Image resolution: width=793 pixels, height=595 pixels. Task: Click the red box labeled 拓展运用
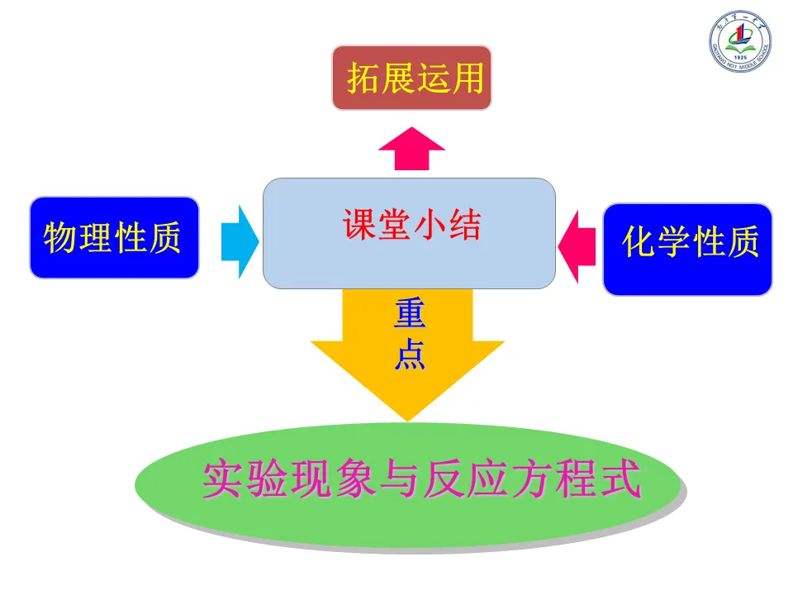point(411,79)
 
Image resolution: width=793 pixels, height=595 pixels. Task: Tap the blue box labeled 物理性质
point(114,237)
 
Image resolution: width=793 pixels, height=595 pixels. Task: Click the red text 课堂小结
point(411,224)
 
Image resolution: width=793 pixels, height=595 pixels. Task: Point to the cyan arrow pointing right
point(240,242)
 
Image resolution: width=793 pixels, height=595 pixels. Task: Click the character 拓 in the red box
point(363,79)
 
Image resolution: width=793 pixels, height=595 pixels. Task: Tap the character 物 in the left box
point(61,238)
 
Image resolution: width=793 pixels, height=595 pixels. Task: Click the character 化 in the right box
point(639,243)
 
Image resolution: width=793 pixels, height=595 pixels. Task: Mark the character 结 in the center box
point(464,225)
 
